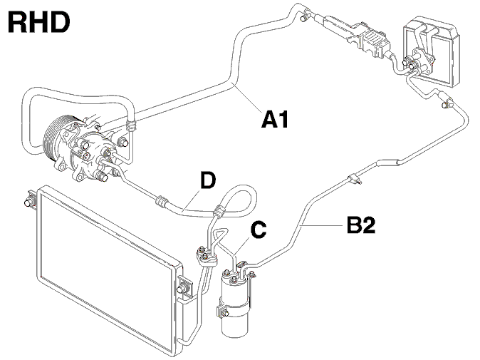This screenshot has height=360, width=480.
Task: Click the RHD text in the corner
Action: coord(39,23)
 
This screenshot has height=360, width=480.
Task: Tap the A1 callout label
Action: coord(275,120)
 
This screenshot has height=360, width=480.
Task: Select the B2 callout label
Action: coord(361,225)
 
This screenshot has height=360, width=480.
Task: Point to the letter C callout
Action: coord(259,230)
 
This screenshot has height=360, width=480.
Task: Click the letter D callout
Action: coord(208,180)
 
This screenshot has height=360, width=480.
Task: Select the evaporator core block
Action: coord(432,52)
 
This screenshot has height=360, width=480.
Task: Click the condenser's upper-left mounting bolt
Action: coord(28,202)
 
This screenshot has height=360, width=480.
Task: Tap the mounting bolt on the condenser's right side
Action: coord(182,289)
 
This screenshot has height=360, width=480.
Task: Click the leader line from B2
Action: coord(322,225)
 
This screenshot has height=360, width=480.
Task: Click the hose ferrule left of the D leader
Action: coord(162,202)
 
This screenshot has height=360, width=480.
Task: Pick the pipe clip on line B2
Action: coord(354,179)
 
